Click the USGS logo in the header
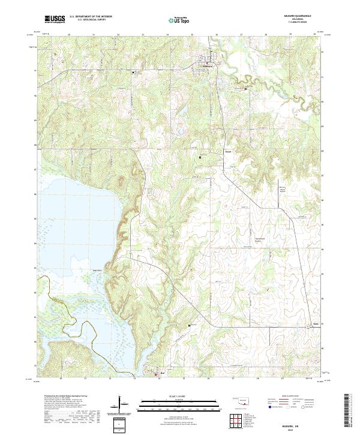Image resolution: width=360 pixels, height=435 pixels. point(55,19)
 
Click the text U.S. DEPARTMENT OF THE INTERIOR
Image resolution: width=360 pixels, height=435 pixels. point(91,17)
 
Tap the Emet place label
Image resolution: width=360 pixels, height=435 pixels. point(228,151)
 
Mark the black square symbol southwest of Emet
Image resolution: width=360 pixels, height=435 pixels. point(200,157)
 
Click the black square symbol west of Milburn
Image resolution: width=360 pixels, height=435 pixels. point(133,73)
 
